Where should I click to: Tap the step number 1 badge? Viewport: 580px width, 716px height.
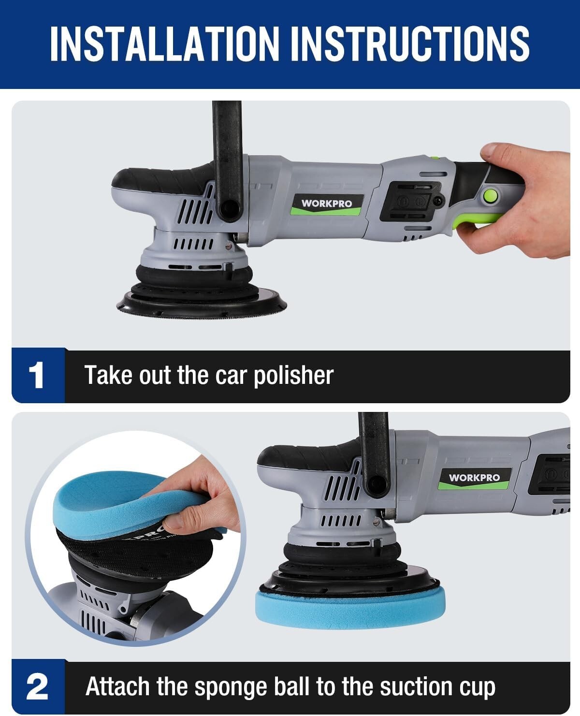37,376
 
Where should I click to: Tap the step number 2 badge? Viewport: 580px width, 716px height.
37,687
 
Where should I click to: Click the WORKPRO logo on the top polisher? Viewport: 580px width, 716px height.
327,204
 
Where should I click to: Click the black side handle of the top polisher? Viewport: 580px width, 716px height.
227,160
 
